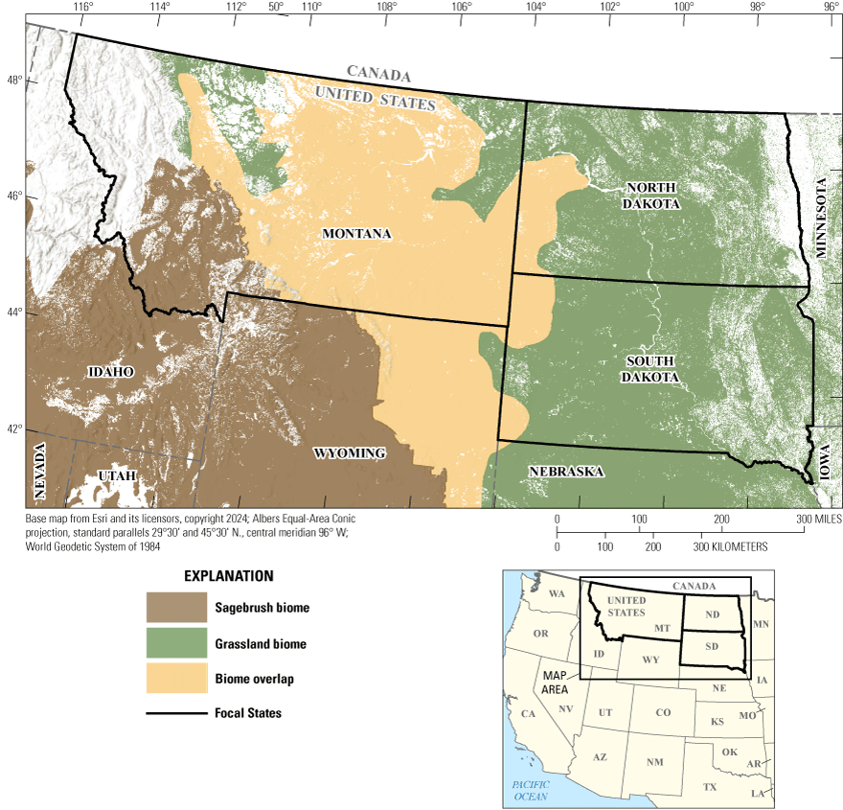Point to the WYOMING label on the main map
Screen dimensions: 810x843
(349, 452)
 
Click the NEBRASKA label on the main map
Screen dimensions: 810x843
(565, 472)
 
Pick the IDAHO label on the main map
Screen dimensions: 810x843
(110, 371)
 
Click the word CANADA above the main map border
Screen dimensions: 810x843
(378, 73)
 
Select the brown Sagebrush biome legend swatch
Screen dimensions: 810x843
(176, 608)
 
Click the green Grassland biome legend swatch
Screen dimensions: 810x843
(176, 643)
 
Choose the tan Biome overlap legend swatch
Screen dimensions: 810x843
(176, 679)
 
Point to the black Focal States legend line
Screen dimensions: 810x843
(176, 713)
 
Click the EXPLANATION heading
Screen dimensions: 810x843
(228, 576)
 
